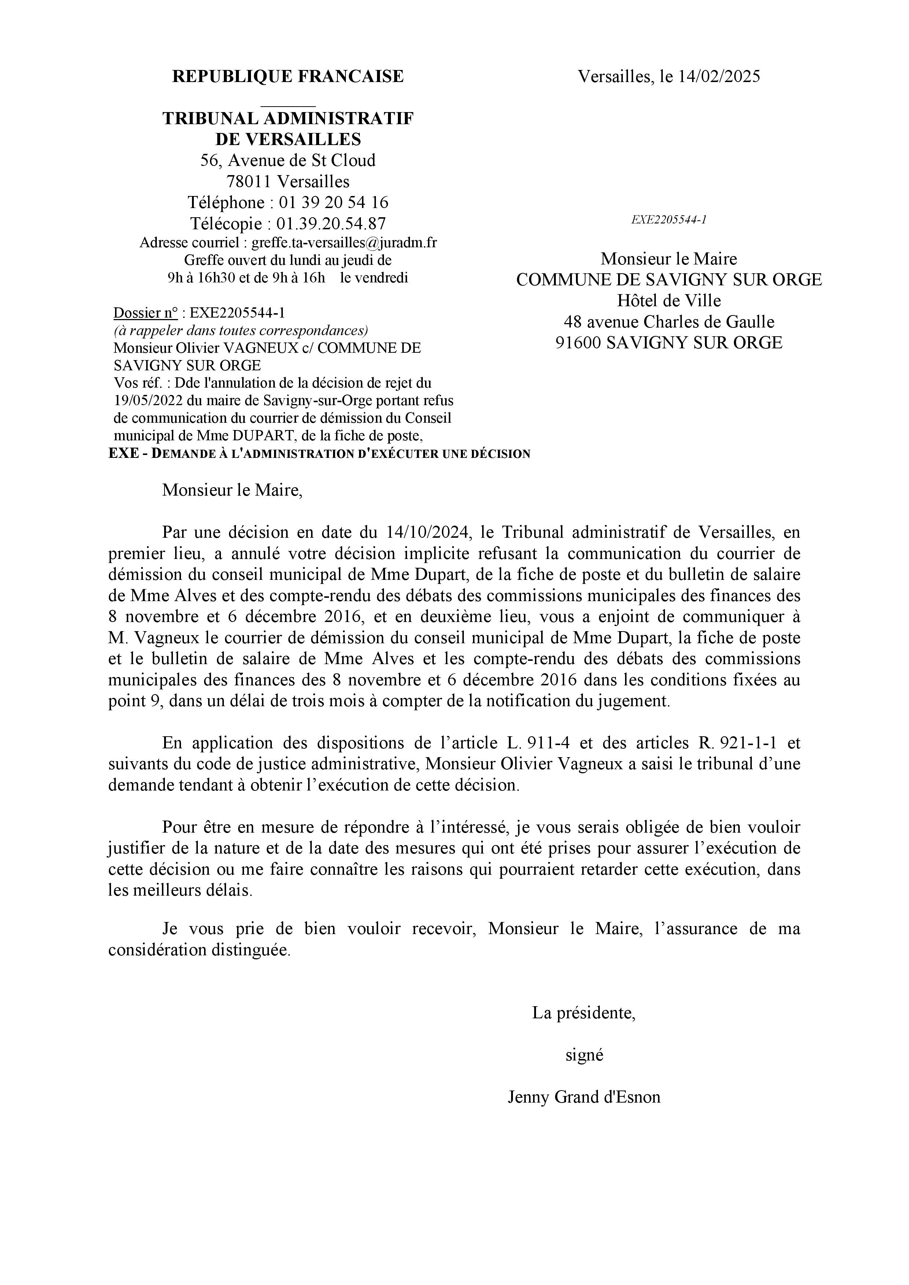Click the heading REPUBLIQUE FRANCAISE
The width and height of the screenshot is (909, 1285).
click(x=288, y=76)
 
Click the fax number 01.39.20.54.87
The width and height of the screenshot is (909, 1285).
click(x=331, y=223)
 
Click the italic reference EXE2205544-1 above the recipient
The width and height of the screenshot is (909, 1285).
click(x=669, y=219)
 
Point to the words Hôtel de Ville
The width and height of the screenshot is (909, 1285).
click(x=669, y=300)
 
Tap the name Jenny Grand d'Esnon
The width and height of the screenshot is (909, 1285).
click(x=584, y=1097)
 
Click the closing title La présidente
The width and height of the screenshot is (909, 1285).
click(x=584, y=1012)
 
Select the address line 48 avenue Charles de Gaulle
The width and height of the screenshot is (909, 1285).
click(x=669, y=322)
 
